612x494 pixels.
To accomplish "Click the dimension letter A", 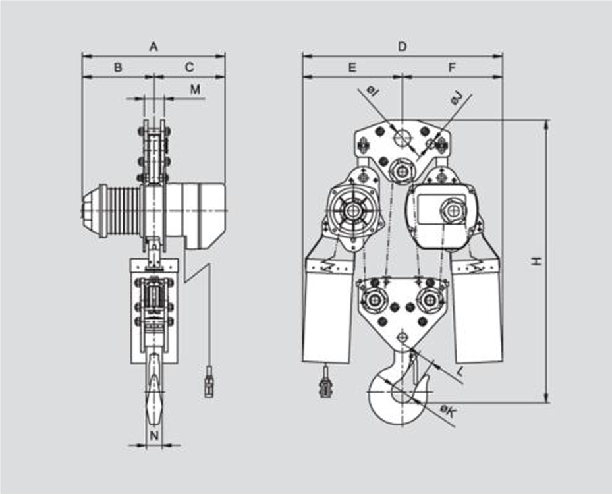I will pyautogui.click(x=153, y=47).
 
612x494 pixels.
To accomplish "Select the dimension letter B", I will pyautogui.click(x=118, y=67).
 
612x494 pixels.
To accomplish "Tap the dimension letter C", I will pyautogui.click(x=189, y=67).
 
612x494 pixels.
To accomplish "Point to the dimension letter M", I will pyautogui.click(x=195, y=90).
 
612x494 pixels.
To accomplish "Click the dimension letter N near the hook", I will pyautogui.click(x=153, y=435).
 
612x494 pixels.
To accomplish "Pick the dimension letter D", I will pyautogui.click(x=403, y=47).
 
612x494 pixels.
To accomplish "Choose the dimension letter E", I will pyautogui.click(x=352, y=67).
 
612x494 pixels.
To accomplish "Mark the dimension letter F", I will pyautogui.click(x=452, y=67).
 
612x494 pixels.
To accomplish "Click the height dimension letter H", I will pyautogui.click(x=538, y=261).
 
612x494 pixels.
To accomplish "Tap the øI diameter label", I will pyautogui.click(x=372, y=92).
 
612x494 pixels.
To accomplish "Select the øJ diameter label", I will pyautogui.click(x=456, y=99).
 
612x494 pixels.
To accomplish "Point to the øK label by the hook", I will pyautogui.click(x=447, y=412).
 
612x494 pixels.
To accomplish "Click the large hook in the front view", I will pyautogui.click(x=395, y=395).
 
